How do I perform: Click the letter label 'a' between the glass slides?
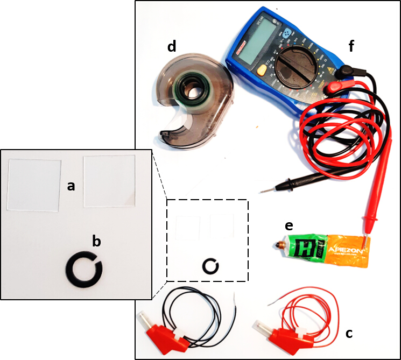[71, 187]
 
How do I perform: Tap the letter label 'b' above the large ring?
[96, 242]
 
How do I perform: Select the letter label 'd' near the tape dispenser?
[172, 47]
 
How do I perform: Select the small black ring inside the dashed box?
[210, 266]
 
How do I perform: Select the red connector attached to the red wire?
[277, 331]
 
